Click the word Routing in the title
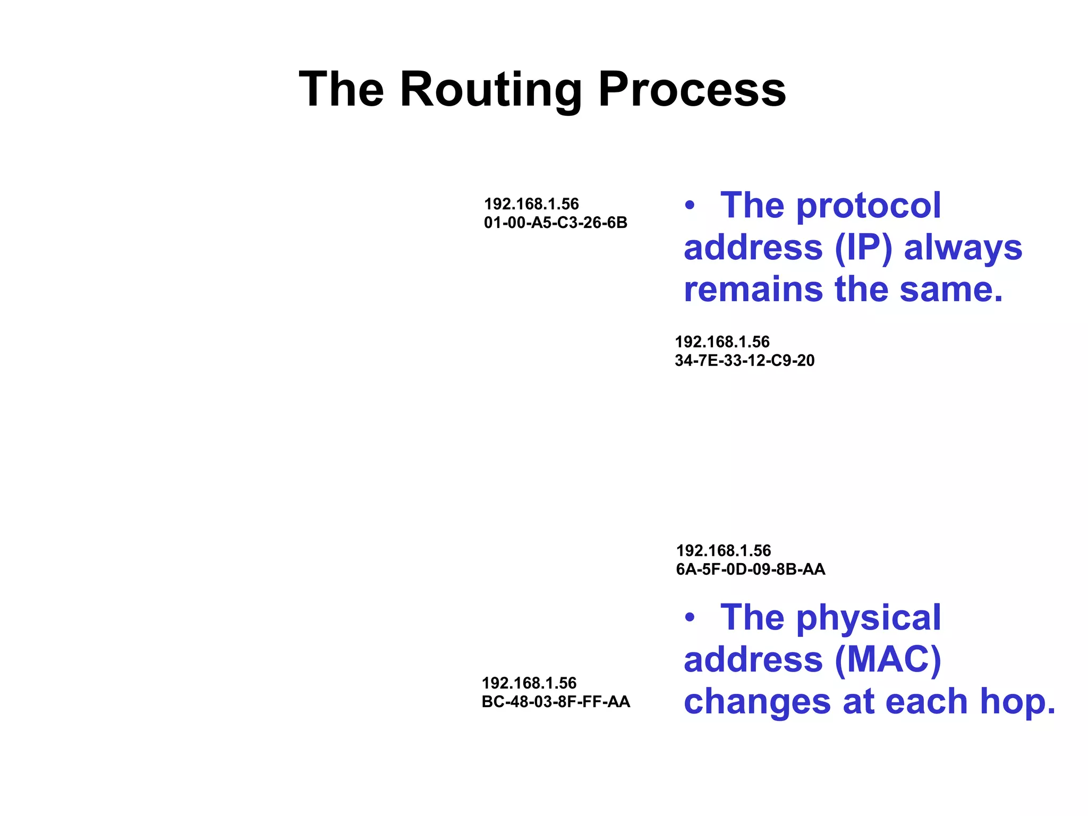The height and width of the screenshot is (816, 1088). point(491,90)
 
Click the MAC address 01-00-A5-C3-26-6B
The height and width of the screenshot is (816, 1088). point(555,223)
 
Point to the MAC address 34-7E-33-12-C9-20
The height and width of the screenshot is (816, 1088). point(744,361)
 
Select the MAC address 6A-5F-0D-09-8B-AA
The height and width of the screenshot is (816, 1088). point(750,569)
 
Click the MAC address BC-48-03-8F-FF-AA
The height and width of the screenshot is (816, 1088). point(556,702)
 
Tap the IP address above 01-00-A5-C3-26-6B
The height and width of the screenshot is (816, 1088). point(531,204)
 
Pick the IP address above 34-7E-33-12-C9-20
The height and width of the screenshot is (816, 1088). point(722,342)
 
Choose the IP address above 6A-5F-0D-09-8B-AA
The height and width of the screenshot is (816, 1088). point(723,550)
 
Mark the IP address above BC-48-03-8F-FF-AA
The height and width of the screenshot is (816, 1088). point(529,683)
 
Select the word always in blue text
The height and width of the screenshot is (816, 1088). point(963,249)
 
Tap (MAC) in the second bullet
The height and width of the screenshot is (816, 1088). point(888,660)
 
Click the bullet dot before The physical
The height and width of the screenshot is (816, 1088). point(690,618)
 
